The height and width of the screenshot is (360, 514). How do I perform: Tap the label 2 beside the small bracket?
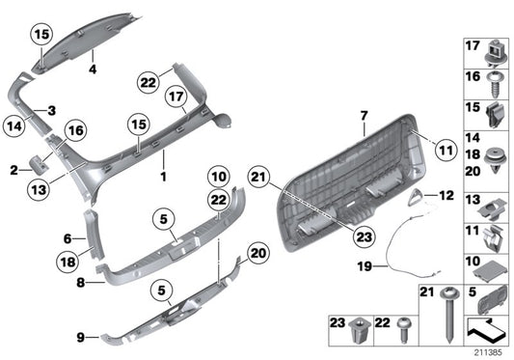click(14, 169)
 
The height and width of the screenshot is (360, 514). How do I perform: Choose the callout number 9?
click(81, 337)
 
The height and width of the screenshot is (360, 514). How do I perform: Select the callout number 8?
click(81, 284)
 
